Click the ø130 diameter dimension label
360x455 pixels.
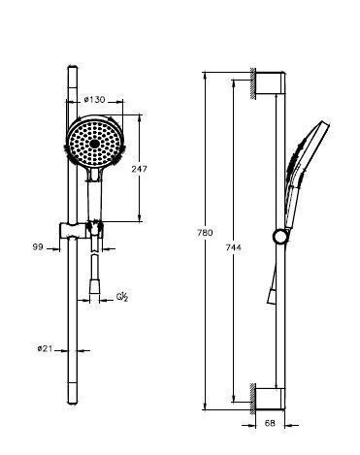pyautogui.click(x=94, y=100)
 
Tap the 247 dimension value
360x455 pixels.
pyautogui.click(x=139, y=169)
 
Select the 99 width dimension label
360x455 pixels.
pyautogui.click(x=38, y=247)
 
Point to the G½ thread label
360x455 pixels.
pyautogui.click(x=122, y=297)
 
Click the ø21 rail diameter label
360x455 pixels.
pyautogui.click(x=45, y=348)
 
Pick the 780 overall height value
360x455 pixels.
pyautogui.click(x=205, y=233)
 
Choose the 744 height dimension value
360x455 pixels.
pyautogui.click(x=234, y=247)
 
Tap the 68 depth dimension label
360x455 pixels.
pyautogui.click(x=270, y=423)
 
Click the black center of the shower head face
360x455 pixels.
pyautogui.click(x=94, y=144)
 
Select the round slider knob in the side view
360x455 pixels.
pyautogui.click(x=279, y=236)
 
